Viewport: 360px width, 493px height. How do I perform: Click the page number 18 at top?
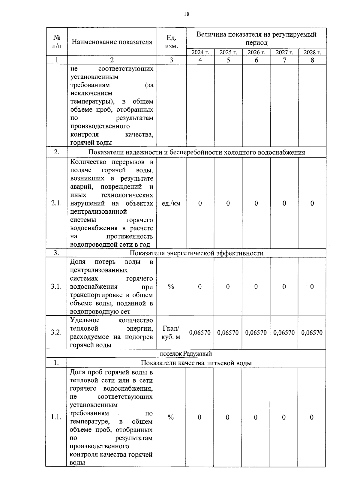[187, 14]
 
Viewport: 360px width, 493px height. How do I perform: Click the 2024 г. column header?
[200, 53]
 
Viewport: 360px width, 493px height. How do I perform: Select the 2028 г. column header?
[312, 53]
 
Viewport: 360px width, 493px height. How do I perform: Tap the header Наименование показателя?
[112, 42]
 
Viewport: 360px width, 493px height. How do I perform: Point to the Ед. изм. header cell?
[171, 42]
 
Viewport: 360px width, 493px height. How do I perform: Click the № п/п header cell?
[57, 42]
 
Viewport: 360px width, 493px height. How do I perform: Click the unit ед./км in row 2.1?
[171, 203]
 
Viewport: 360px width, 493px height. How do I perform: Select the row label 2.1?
[56, 203]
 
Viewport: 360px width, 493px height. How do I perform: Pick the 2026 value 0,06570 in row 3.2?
[256, 332]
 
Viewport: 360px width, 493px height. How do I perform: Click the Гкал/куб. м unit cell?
[171, 332]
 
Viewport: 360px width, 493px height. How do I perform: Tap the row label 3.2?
[56, 332]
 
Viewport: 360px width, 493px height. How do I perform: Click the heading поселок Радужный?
[186, 354]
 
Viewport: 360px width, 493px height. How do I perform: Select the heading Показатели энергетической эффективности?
[196, 253]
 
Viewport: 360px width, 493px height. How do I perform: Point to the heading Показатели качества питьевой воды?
[196, 363]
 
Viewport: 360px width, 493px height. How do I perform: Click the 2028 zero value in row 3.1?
[312, 287]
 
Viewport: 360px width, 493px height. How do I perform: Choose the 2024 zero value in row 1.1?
[199, 417]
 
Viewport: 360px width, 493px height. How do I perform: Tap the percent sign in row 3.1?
[171, 287]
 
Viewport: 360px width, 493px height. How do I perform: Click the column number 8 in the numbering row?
[312, 60]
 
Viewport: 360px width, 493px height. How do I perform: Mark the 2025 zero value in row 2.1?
[228, 203]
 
